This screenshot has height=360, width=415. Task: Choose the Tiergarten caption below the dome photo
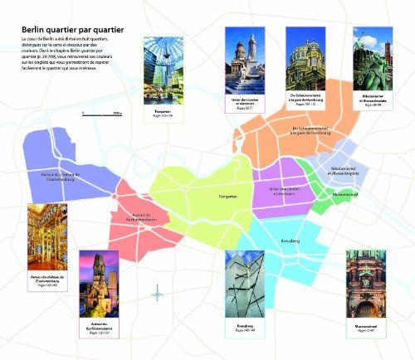point(162,113)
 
